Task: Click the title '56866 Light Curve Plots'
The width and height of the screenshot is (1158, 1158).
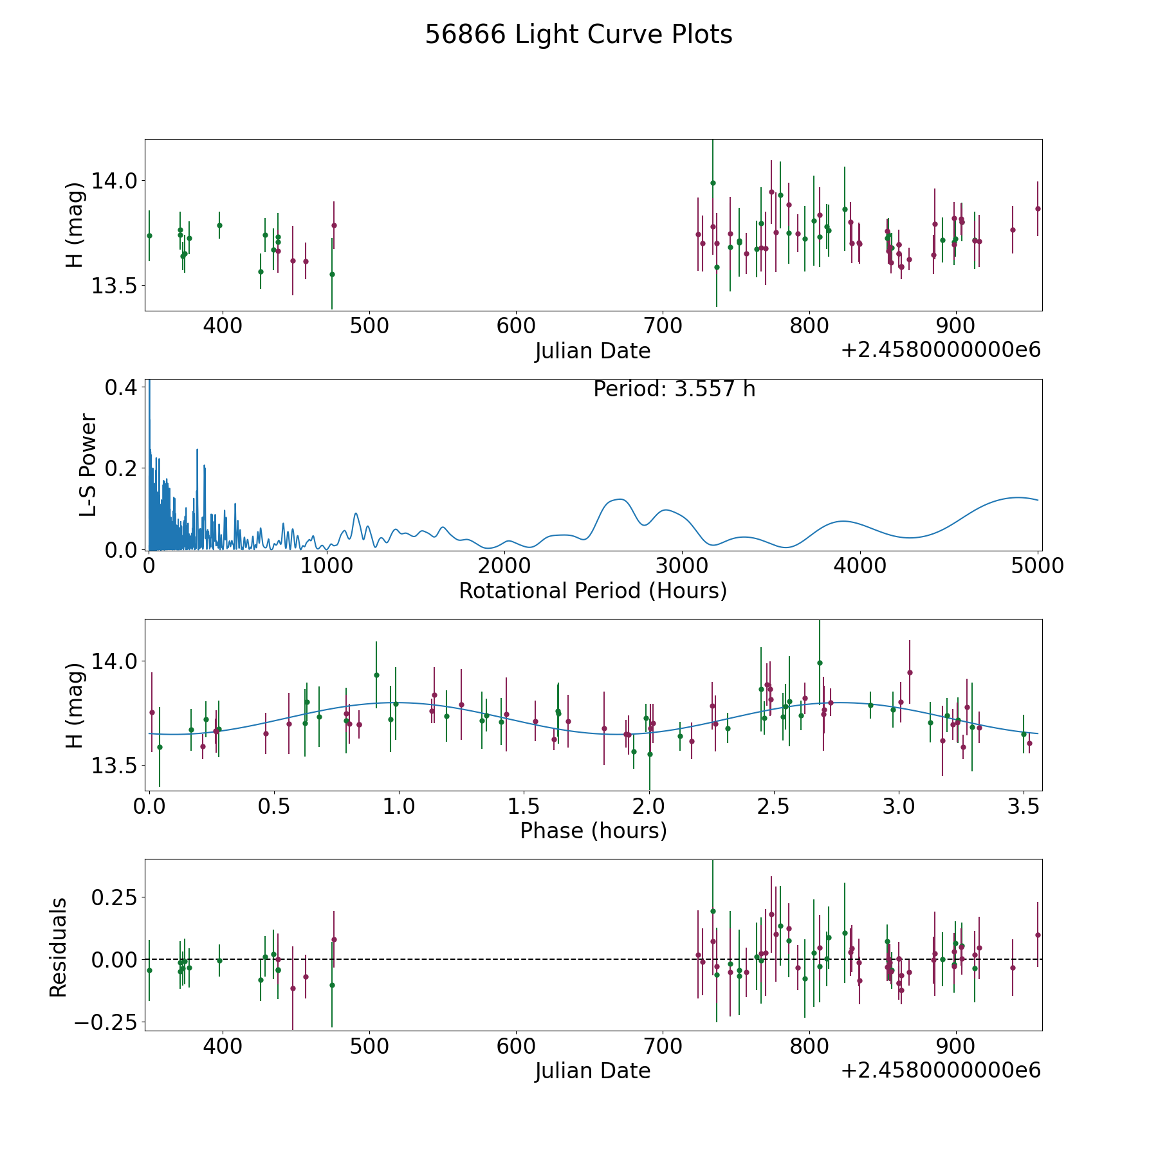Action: click(578, 35)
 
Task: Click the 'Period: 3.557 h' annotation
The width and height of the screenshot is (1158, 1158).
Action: click(674, 389)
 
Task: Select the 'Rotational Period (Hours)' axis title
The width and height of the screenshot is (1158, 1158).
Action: click(593, 591)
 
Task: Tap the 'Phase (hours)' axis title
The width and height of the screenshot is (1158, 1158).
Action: click(593, 831)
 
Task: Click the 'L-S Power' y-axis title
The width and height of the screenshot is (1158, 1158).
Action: click(88, 465)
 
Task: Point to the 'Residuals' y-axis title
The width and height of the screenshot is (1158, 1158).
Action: click(59, 948)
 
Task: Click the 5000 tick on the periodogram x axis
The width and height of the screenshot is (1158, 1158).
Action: click(1038, 566)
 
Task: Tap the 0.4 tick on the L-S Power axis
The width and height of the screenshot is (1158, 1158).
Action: click(120, 387)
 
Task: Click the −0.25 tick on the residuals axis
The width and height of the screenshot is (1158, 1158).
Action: click(109, 1022)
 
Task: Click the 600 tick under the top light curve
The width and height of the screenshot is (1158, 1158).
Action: click(516, 326)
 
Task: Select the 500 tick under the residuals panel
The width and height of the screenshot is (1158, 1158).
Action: click(369, 1047)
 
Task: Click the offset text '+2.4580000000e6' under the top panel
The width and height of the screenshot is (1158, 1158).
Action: click(941, 350)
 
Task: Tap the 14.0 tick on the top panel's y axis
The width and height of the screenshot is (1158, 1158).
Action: click(114, 181)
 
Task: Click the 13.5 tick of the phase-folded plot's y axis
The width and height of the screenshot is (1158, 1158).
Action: click(114, 766)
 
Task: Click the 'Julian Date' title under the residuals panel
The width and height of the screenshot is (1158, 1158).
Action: click(593, 1071)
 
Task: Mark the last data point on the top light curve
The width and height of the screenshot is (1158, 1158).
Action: click(1038, 208)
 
